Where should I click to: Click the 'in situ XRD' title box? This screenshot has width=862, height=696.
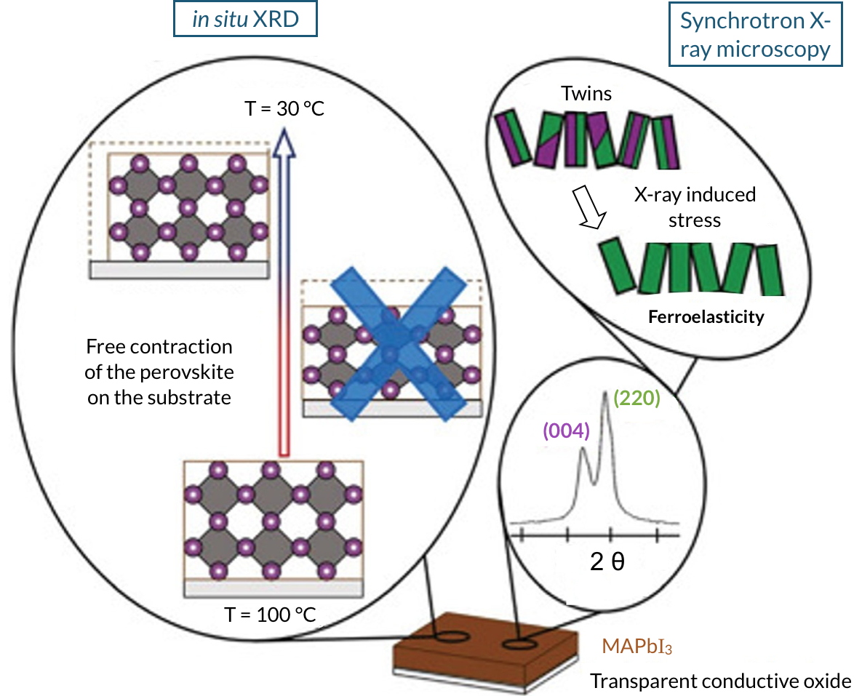click(x=244, y=20)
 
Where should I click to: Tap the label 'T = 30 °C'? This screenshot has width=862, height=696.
click(x=284, y=111)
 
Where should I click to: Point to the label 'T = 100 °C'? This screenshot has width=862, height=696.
click(x=270, y=615)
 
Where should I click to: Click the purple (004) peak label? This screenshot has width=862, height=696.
click(x=565, y=431)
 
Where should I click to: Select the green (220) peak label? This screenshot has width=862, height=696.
click(x=636, y=399)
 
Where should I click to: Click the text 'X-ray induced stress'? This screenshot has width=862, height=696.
click(x=694, y=206)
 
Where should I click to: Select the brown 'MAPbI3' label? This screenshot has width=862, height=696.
click(x=636, y=647)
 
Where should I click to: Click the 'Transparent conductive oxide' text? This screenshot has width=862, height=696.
click(x=720, y=681)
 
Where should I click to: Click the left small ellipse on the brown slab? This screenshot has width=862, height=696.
click(x=452, y=638)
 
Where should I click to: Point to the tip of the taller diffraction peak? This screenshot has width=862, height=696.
click(x=605, y=393)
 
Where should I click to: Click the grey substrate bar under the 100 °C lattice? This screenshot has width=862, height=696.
click(x=274, y=588)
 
